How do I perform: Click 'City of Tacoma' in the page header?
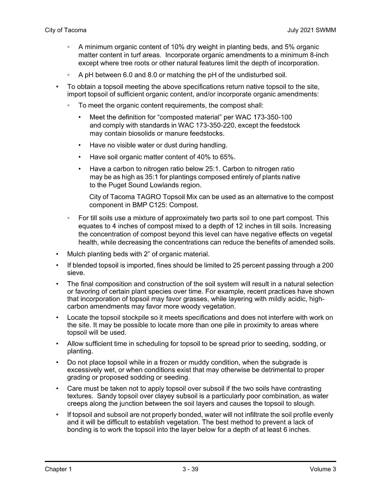pyautogui.click(x=65, y=30)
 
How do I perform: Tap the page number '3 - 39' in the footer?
pyautogui.click(x=190, y=469)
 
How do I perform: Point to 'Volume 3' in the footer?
pyautogui.click(x=323, y=469)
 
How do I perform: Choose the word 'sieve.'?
pyautogui.click(x=76, y=273)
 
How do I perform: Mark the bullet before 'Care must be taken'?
pyautogui.click(x=57, y=389)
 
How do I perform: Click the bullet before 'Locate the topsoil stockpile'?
pyautogui.click(x=57, y=318)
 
